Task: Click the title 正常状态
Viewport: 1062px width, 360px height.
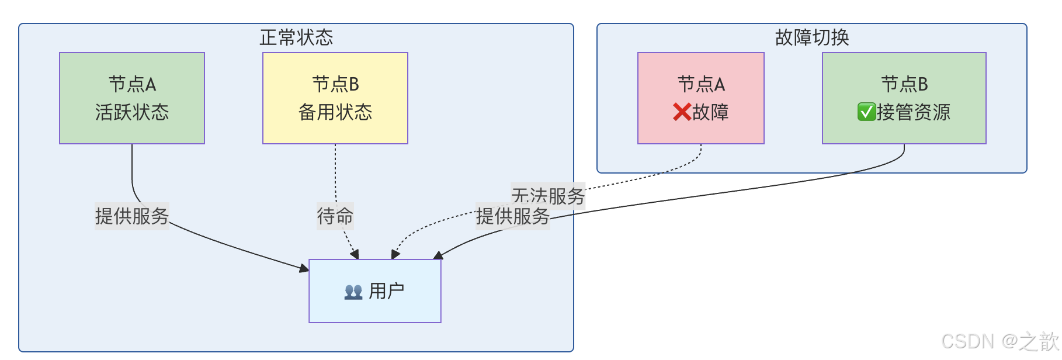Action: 296,37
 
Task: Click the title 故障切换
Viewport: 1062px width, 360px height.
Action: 811,37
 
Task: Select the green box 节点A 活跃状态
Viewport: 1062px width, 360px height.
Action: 132,98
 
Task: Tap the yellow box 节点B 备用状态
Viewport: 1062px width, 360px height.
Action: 335,98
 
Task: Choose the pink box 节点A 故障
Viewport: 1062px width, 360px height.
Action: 701,98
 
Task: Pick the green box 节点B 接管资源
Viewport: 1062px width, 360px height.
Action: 904,98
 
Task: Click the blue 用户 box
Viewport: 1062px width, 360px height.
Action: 375,291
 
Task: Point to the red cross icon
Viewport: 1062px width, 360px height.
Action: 682,112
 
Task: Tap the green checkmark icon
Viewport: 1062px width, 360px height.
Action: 866,112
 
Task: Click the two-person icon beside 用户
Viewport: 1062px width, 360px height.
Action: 353,292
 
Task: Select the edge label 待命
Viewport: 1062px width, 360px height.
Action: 335,216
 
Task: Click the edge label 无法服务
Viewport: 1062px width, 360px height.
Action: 548,195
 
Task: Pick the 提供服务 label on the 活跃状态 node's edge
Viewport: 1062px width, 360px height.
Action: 132,216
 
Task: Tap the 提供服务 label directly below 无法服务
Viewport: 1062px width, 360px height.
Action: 513,217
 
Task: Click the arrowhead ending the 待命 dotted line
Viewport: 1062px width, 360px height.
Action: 355,254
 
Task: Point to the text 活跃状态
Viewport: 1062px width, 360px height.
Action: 132,112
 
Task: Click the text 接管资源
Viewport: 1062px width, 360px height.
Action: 914,112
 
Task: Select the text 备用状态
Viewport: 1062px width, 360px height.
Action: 335,112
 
